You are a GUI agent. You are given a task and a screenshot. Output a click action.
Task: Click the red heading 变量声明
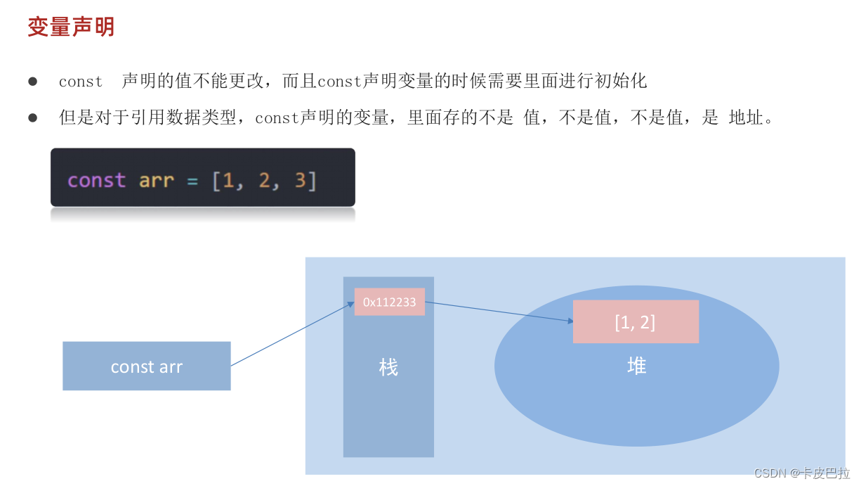(x=71, y=27)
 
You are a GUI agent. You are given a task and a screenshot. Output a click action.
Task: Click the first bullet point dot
(x=32, y=82)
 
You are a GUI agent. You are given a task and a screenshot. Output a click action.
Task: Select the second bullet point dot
(x=32, y=118)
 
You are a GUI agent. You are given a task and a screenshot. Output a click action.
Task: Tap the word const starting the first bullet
(x=81, y=82)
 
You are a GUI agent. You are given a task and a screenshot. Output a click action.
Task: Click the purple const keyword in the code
(x=96, y=181)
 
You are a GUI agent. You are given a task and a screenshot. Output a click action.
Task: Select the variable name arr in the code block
(x=156, y=181)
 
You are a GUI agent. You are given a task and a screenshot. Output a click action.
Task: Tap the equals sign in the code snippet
(x=192, y=181)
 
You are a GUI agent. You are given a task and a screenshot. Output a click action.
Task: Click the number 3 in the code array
(x=300, y=181)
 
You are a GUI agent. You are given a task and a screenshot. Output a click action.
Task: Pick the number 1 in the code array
(x=228, y=181)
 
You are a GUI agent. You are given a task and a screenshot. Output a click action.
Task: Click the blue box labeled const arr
(x=146, y=366)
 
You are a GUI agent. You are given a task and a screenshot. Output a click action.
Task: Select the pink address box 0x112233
(x=389, y=302)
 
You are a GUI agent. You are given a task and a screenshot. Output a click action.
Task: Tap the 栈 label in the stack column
(x=388, y=366)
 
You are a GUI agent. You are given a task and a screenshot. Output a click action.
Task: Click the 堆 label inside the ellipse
(x=637, y=365)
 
